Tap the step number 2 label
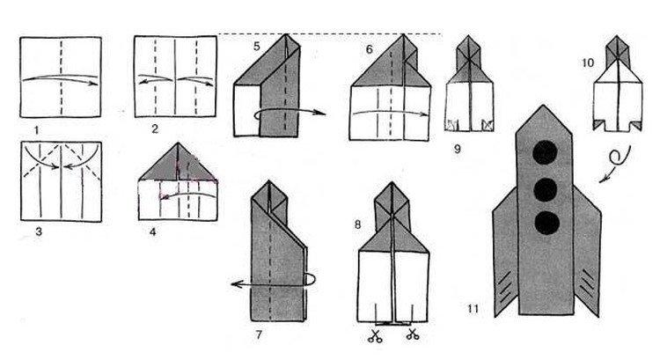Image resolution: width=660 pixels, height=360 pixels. pyautogui.click(x=154, y=130)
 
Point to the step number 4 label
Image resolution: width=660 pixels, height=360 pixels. pyautogui.click(x=154, y=233)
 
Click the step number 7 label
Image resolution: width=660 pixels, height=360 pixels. pyautogui.click(x=259, y=335)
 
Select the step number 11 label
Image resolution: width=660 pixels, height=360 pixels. pyautogui.click(x=474, y=309)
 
